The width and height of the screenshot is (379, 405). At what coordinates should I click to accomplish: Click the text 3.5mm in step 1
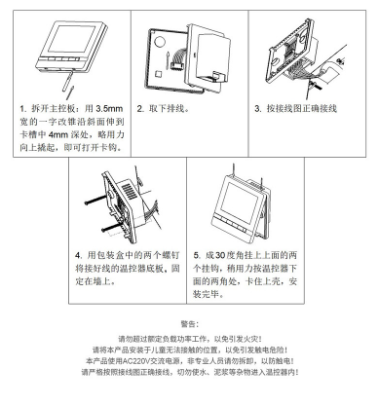(x=109, y=108)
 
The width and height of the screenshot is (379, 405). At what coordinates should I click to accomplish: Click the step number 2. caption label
(x=140, y=109)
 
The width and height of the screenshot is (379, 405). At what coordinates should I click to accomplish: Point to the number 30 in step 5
(x=220, y=255)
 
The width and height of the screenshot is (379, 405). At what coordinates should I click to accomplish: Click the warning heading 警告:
(x=189, y=324)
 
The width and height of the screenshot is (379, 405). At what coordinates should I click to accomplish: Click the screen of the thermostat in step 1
(x=72, y=39)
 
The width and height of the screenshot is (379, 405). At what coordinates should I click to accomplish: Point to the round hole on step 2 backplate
(x=160, y=41)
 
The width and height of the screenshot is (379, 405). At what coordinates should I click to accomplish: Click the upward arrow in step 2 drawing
(x=168, y=59)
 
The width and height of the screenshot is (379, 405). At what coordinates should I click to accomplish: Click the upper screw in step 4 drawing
(x=97, y=200)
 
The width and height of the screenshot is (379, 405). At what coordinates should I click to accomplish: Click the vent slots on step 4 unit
(x=129, y=192)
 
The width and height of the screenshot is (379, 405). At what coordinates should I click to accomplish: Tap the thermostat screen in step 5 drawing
(x=239, y=202)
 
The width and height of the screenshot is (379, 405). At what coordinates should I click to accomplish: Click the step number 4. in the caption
(x=79, y=255)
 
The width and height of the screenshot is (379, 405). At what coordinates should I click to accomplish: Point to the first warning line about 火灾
(x=190, y=340)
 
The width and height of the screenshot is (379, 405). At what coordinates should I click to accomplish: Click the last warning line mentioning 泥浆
(x=190, y=372)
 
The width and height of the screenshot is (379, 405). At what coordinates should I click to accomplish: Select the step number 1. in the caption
(x=22, y=109)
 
